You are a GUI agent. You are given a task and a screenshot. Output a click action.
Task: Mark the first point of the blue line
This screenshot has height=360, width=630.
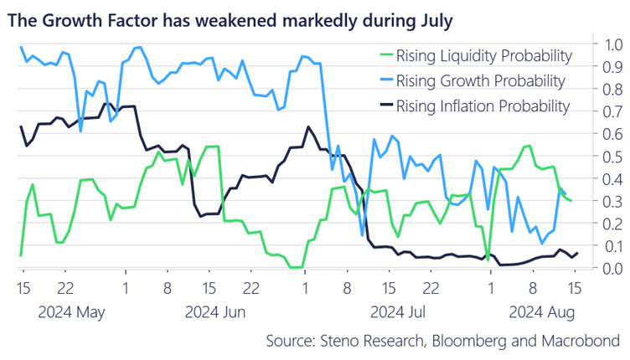pos(21,47)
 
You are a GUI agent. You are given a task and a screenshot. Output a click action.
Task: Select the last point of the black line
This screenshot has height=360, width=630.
pos(577,253)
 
